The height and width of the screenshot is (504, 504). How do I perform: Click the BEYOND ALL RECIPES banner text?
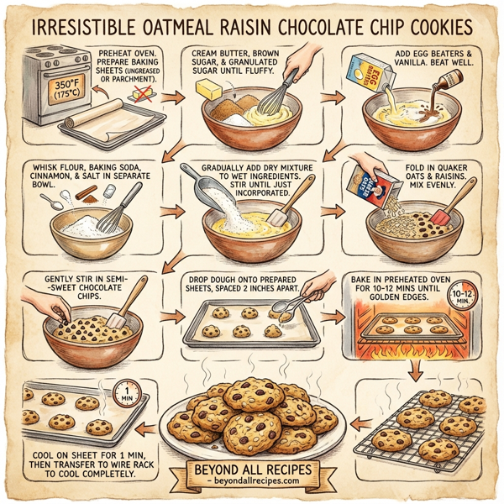(251, 468)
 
